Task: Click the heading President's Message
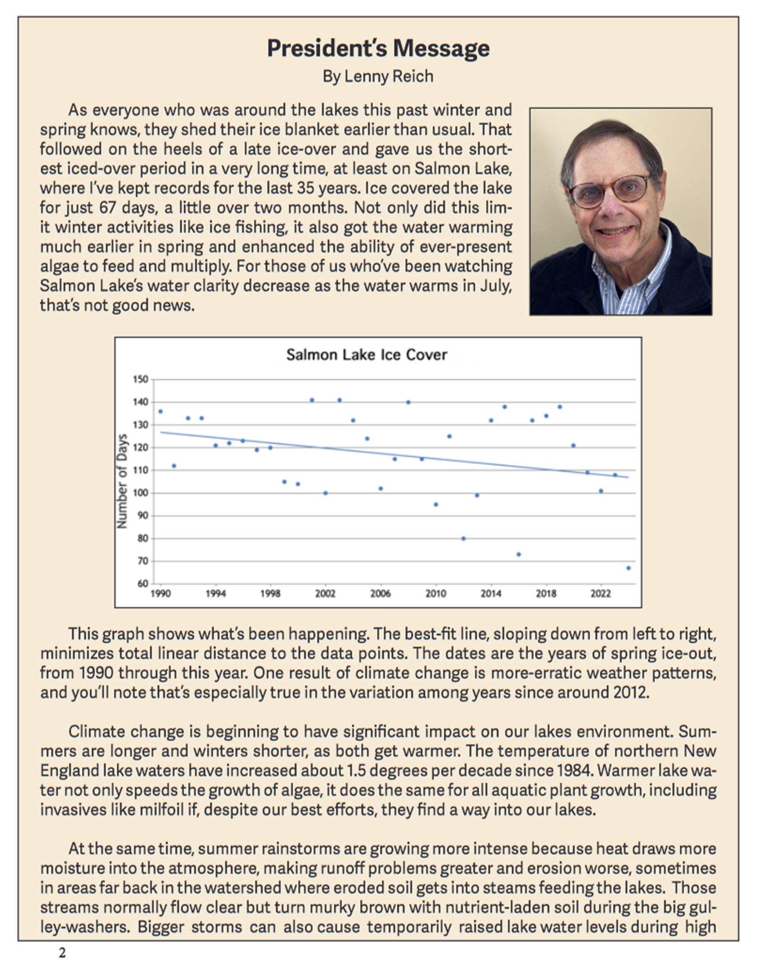[x=378, y=49]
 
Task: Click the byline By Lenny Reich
[x=378, y=76]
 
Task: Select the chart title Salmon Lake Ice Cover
[x=366, y=355]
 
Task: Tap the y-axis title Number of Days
[x=122, y=481]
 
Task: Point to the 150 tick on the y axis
[x=140, y=379]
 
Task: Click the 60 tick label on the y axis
[x=142, y=583]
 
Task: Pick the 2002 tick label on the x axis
[x=325, y=594]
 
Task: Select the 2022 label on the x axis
[x=601, y=594]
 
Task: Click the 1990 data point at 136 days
[x=160, y=411]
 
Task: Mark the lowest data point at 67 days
[x=629, y=568]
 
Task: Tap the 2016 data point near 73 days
[x=518, y=554]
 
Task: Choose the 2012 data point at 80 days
[x=463, y=538]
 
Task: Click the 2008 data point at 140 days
[x=408, y=402]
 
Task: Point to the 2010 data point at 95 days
[x=436, y=504]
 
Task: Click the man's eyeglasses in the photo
[x=610, y=191]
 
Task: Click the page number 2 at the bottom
[x=62, y=952]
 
